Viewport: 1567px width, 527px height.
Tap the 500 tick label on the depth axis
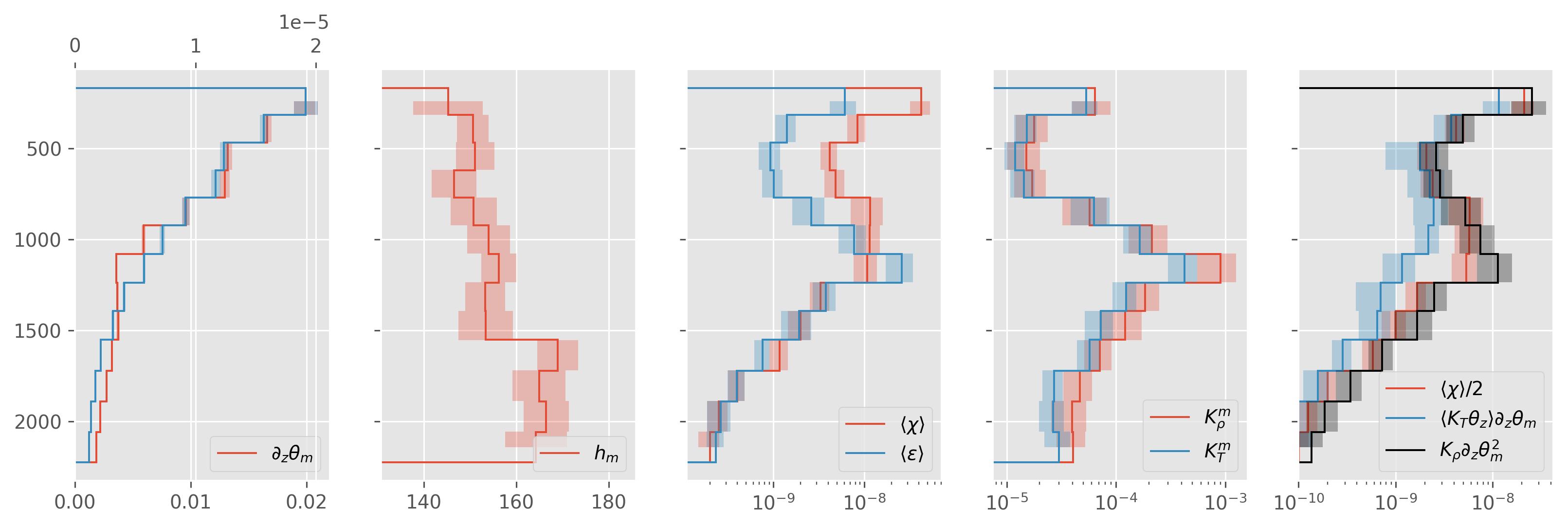[44, 149]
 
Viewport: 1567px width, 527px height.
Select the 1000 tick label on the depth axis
[38, 240]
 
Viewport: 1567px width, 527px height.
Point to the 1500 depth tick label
[38, 331]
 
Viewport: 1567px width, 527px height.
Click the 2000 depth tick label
[38, 422]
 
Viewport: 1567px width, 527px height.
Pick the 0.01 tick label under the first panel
[191, 502]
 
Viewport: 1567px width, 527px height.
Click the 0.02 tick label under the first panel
[307, 502]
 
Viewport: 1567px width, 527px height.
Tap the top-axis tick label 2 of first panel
[315, 46]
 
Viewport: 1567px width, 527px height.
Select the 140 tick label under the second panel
[423, 502]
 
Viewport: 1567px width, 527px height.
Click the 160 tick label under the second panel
[516, 502]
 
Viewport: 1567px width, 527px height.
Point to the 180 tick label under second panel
[608, 502]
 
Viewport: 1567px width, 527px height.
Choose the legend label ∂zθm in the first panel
[292, 454]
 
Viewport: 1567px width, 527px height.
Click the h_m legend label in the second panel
[606, 454]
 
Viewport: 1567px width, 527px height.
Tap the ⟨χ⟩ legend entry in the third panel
[912, 424]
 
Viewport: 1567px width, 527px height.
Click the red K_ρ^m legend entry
[1217, 418]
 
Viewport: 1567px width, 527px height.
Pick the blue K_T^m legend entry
[1217, 451]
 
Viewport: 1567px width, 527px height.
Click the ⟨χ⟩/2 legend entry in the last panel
[1461, 388]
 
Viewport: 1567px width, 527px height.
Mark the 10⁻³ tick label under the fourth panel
[1225, 502]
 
